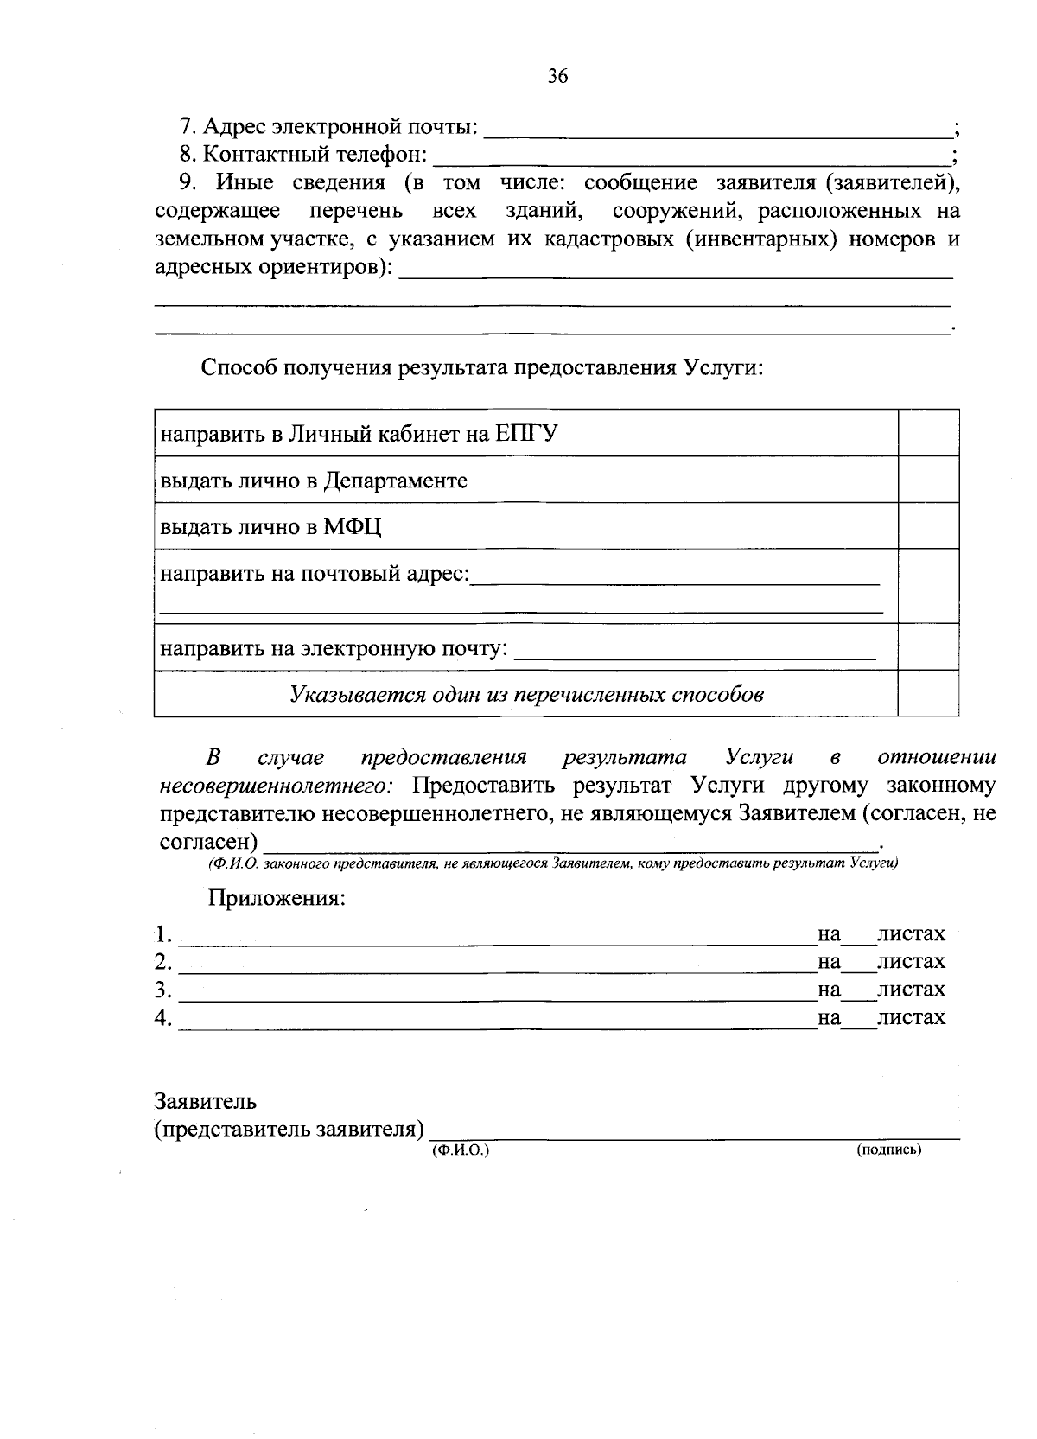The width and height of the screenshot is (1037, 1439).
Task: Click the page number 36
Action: [557, 77]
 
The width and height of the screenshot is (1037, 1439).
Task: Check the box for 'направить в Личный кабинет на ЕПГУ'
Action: [928, 433]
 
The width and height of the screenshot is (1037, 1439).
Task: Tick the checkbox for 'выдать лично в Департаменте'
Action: [928, 480]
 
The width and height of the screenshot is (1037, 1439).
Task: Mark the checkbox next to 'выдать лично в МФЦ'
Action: [928, 525]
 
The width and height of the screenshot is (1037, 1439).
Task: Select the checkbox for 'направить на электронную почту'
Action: [928, 646]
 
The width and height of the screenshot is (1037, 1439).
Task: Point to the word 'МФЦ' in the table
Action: [353, 527]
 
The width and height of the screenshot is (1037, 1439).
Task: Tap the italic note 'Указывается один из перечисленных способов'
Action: [526, 695]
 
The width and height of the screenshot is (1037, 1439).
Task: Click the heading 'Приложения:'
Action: [277, 898]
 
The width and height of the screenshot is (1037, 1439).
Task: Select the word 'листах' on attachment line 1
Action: [911, 934]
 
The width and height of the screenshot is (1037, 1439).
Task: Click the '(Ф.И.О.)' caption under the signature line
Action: [460, 1150]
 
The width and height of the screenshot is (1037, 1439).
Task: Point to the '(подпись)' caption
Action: [889, 1150]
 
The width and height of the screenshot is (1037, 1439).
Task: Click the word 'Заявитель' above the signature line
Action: [206, 1102]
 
